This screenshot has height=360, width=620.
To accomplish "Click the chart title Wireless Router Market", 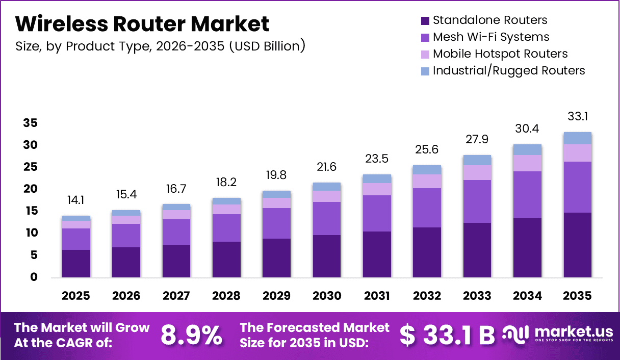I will click(142, 24).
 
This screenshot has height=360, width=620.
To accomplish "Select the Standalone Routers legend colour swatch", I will click(425, 21).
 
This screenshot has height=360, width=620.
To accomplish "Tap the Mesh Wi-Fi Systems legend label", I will click(491, 37).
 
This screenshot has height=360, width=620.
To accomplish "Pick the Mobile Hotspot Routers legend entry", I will click(500, 54).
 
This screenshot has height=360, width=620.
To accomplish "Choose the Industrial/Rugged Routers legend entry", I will click(508, 70).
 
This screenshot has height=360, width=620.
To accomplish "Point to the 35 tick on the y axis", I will click(30, 123).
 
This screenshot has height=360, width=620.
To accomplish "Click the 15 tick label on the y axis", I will click(30, 211).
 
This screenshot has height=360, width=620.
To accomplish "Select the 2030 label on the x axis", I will click(327, 296).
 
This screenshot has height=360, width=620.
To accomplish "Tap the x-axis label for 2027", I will click(176, 296).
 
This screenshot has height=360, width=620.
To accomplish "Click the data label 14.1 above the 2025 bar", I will click(76, 200).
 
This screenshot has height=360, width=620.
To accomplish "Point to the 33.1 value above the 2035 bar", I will click(578, 117).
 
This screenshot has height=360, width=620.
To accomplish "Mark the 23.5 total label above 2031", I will click(377, 159).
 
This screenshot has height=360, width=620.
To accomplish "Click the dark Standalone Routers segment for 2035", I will click(578, 245).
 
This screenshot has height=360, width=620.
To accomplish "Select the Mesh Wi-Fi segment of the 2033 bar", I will click(477, 201).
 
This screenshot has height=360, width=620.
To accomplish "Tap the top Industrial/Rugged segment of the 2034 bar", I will click(527, 149).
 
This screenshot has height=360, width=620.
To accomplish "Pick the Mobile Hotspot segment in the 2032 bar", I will click(427, 181).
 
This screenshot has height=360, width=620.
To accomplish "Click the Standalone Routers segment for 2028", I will click(226, 259).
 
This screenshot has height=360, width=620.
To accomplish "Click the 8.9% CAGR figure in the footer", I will click(191, 335).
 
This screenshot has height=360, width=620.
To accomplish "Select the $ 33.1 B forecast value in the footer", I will click(447, 335).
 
